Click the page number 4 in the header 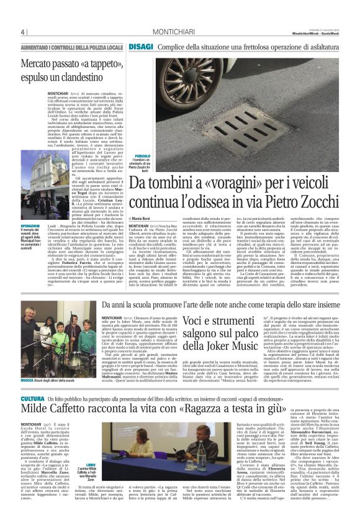(x=22, y=32)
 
